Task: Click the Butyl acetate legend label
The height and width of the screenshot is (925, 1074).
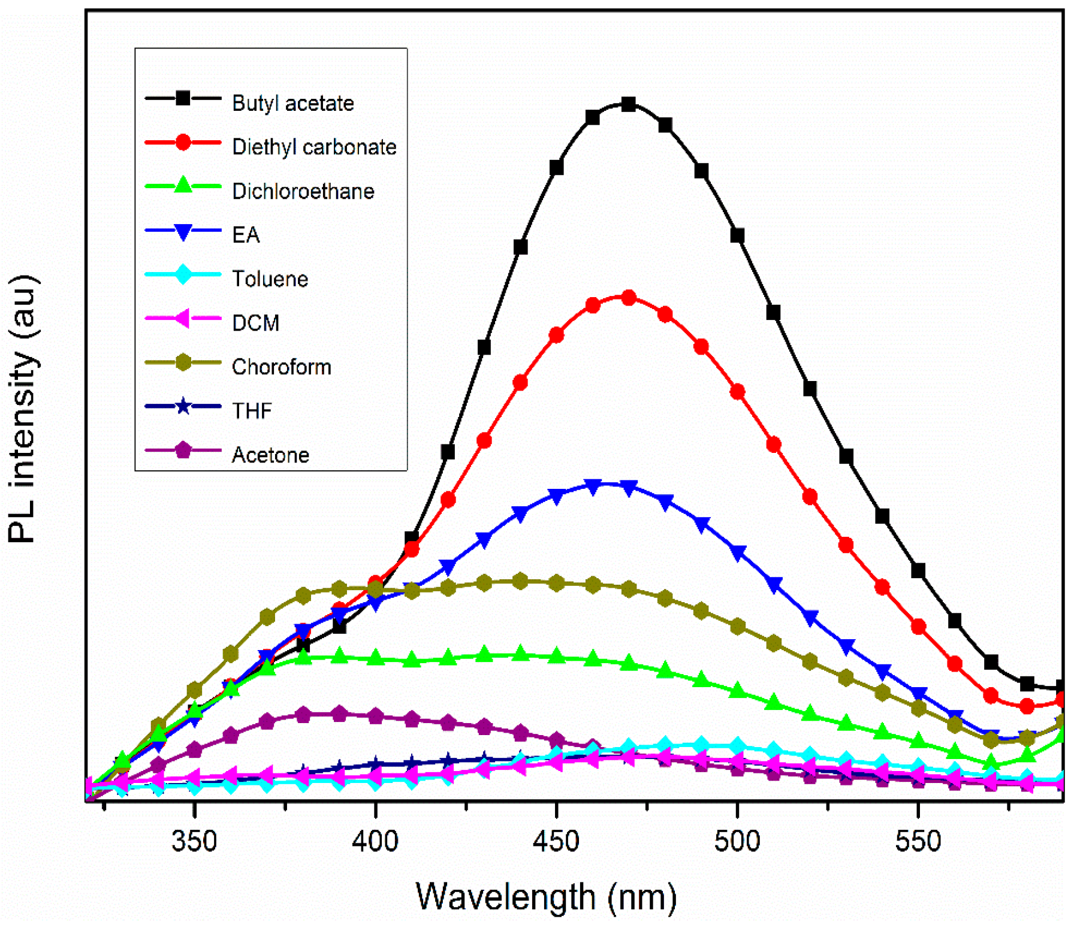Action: click(292, 104)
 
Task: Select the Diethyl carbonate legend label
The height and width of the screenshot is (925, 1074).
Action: click(314, 147)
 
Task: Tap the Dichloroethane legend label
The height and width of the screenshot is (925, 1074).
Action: click(303, 192)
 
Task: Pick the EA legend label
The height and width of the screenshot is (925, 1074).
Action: click(246, 235)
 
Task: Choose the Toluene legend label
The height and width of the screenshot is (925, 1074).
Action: click(270, 279)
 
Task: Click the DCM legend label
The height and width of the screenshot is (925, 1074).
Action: click(255, 324)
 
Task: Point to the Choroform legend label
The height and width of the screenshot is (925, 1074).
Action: click(281, 367)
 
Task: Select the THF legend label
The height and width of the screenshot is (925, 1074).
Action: click(252, 411)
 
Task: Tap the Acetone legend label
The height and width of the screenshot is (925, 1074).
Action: click(270, 455)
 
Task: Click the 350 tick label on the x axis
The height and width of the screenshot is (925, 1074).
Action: click(194, 842)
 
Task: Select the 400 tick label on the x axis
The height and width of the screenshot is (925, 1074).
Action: click(375, 842)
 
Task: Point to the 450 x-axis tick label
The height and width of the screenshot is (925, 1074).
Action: click(556, 842)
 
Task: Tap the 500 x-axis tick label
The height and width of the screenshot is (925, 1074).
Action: click(737, 842)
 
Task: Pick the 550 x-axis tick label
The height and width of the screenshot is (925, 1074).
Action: click(918, 842)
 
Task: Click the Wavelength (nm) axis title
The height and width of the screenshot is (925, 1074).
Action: click(546, 897)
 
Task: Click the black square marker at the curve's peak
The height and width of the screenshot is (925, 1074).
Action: click(628, 105)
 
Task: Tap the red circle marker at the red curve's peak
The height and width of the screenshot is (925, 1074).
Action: click(628, 298)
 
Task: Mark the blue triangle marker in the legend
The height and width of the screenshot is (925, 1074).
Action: click(183, 231)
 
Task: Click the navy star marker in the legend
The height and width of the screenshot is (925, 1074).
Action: click(183, 407)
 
